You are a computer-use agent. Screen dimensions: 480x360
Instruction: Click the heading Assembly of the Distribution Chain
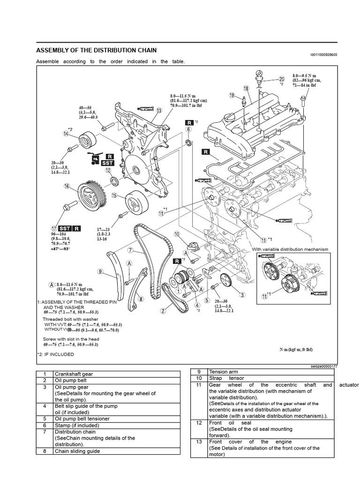[97, 50]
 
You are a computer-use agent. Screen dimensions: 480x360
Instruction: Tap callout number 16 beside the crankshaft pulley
[67, 187]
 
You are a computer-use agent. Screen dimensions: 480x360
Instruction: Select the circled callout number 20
[281, 79]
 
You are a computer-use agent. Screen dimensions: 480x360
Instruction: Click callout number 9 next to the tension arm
[100, 271]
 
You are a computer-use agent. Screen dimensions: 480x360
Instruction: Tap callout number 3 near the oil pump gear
[242, 294]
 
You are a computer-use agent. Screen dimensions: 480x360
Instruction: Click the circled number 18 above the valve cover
[246, 88]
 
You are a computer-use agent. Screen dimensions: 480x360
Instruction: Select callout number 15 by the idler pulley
[115, 196]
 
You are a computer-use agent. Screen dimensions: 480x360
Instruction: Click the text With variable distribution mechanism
[290, 249]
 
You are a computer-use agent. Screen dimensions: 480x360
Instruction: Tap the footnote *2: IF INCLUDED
[55, 354]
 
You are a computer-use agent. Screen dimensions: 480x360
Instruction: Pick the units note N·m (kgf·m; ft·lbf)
[296, 350]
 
